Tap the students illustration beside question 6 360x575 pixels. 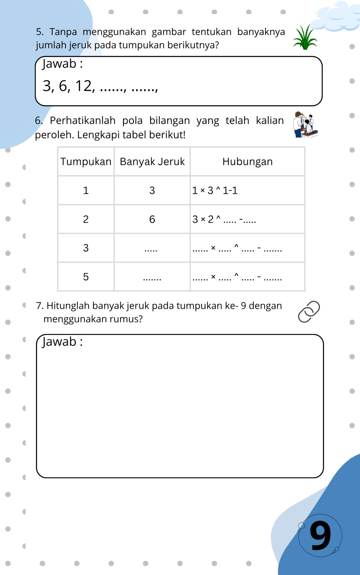tap(305, 125)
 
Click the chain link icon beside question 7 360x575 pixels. tap(309, 312)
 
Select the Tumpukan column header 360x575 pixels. tap(86, 161)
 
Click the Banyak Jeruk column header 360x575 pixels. tap(152, 161)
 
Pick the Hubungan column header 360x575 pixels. tap(247, 161)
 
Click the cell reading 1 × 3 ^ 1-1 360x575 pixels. tap(215, 190)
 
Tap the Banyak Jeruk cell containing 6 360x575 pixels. tap(152, 219)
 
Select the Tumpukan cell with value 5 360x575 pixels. tap(86, 277)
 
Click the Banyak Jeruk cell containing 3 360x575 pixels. tap(152, 190)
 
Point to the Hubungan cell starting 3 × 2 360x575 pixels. tap(224, 219)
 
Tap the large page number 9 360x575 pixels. tap(320, 535)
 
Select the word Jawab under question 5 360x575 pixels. tap(59, 64)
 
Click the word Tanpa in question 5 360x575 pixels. tap(63, 32)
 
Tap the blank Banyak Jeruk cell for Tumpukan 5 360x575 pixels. tap(152, 277)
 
